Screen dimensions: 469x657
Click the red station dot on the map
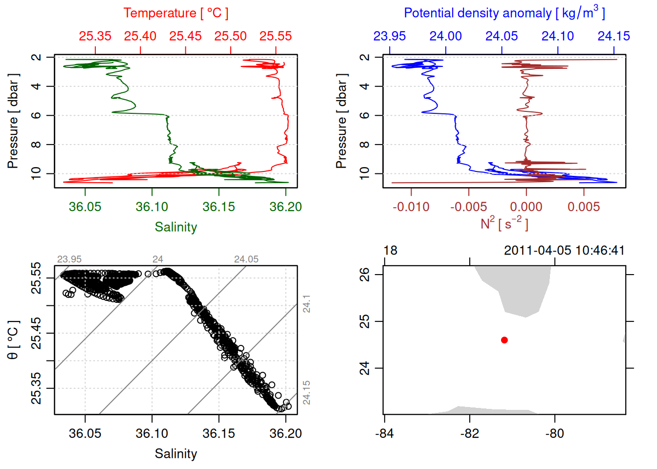point(504,340)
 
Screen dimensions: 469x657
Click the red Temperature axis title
point(175,13)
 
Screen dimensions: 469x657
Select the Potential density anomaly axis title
point(504,13)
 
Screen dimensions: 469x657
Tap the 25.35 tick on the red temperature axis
point(95,36)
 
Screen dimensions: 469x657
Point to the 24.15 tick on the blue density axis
point(613,36)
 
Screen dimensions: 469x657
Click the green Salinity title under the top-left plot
point(175,227)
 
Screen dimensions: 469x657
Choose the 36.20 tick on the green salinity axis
point(285,207)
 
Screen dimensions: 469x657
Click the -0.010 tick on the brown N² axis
point(411,207)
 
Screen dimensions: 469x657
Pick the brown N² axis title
point(504,223)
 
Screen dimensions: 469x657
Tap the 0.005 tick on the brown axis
point(584,207)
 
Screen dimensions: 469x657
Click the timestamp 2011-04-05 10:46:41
point(564,251)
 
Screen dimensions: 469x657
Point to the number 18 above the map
point(390,251)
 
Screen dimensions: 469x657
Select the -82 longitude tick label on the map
point(469,433)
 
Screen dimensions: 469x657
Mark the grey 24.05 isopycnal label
point(246,259)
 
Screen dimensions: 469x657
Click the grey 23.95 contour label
point(69,259)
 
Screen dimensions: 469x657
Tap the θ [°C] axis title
point(13,340)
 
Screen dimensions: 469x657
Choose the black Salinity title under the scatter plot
point(175,454)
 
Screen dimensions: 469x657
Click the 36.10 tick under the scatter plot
point(152,433)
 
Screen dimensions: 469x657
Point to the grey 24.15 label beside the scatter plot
point(307,393)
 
